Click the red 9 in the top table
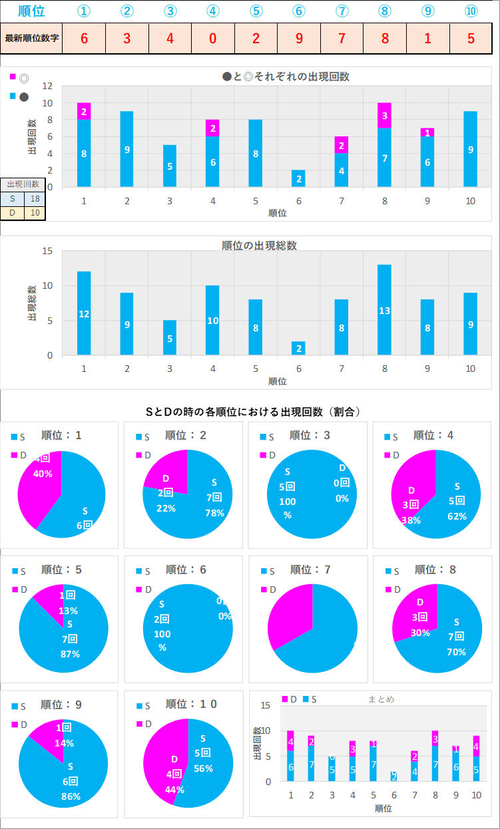[x=299, y=38]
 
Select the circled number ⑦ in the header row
[x=342, y=11]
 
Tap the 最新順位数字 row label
[x=32, y=38]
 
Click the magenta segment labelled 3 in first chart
[x=385, y=115]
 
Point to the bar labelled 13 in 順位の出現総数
[x=385, y=309]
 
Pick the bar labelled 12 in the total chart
[x=84, y=313]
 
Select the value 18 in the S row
[x=34, y=199]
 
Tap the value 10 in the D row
[x=34, y=213]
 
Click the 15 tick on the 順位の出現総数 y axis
[x=47, y=251]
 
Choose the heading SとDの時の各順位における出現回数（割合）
[x=253, y=412]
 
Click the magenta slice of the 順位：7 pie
[x=290, y=615]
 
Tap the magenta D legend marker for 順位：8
[x=389, y=589]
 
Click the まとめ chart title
[x=381, y=699]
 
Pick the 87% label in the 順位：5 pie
[x=69, y=653]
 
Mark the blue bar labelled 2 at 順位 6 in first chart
[x=299, y=178]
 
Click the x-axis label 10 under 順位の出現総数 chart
[x=471, y=368]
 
